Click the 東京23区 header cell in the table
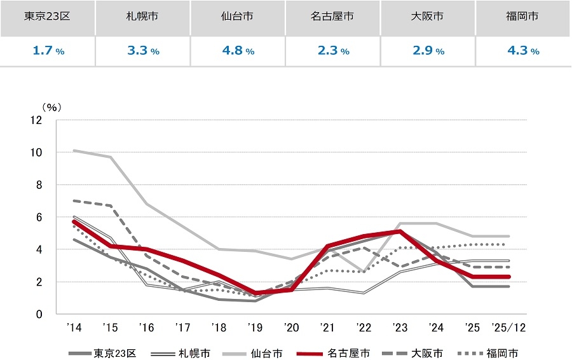coord(48,17)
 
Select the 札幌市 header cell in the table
coord(143,17)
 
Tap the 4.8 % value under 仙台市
coord(238,51)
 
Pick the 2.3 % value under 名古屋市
coord(333,51)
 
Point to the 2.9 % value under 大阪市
coord(428,51)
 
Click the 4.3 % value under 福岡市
coord(523,51)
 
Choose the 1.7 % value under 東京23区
coord(48,51)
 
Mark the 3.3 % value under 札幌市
coord(143,51)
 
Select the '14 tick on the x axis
coord(74,328)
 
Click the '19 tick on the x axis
coord(255,328)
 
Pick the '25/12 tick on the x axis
coord(509,328)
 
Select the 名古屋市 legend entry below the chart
coord(347,354)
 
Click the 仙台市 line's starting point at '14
coord(75,151)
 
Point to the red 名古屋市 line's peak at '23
coord(400,232)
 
